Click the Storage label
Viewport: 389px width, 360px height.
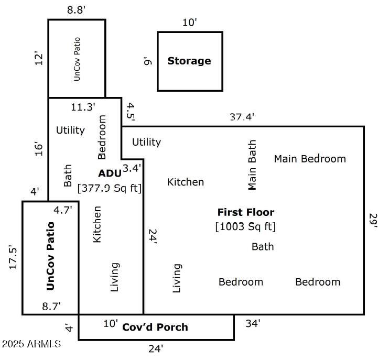[189, 61]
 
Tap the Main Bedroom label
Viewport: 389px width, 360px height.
[310, 159]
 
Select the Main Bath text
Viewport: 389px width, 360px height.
[252, 165]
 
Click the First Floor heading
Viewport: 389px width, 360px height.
[246, 212]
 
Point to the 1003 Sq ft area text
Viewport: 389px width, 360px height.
[245, 226]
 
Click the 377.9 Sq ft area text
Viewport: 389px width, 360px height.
[110, 188]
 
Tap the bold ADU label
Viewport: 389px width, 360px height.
[110, 173]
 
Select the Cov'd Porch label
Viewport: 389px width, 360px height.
[155, 328]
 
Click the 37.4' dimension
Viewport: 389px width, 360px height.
[242, 116]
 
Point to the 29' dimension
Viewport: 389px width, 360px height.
[373, 220]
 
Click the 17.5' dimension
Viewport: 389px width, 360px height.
[13, 257]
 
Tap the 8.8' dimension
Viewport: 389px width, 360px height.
[76, 10]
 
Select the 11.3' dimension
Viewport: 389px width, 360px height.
[83, 107]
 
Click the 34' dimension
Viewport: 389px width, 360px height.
[253, 323]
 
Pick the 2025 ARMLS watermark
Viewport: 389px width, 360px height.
[31, 344]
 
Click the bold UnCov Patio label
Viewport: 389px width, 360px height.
[50, 256]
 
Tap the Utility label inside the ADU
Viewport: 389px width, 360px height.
[70, 130]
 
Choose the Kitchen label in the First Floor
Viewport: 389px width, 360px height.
[186, 182]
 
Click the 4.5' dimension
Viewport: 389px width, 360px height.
[131, 112]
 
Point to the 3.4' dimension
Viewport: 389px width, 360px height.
[132, 168]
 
